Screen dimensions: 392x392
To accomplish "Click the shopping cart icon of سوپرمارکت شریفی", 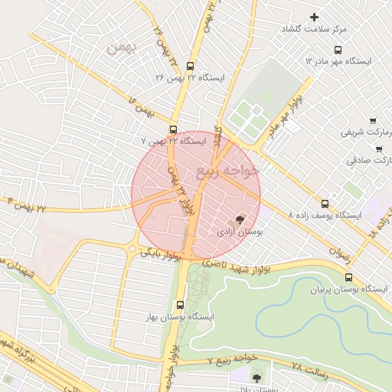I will [372, 120].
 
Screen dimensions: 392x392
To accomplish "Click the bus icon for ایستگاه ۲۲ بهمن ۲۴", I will [190, 66].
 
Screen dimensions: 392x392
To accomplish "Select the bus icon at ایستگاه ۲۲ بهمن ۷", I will [173, 129].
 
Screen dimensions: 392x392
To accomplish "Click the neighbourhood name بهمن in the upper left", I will [120, 48].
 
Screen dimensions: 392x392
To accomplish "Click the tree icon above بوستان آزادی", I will [242, 220].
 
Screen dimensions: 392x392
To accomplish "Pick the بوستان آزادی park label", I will [240, 230].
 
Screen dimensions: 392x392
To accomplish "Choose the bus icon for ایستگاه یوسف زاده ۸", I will [325, 204].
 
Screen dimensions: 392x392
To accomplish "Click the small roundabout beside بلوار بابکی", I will [133, 250].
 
